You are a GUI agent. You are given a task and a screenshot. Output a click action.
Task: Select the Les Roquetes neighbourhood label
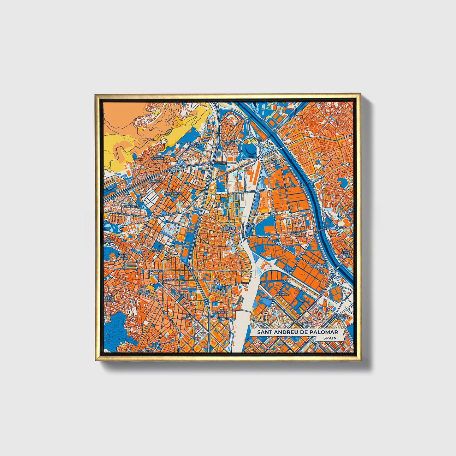coord(158,157)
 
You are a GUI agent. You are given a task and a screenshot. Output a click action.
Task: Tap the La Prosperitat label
coord(173,192)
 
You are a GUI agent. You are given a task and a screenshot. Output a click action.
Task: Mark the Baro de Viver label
coord(275,162)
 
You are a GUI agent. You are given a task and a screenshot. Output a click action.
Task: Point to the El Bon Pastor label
coord(296,233)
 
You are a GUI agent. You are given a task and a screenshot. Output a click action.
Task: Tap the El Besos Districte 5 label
coord(341,316)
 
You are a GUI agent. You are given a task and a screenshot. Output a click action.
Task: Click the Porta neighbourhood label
coord(157,251)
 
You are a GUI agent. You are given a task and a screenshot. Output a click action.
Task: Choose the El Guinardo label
coord(146,349)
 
